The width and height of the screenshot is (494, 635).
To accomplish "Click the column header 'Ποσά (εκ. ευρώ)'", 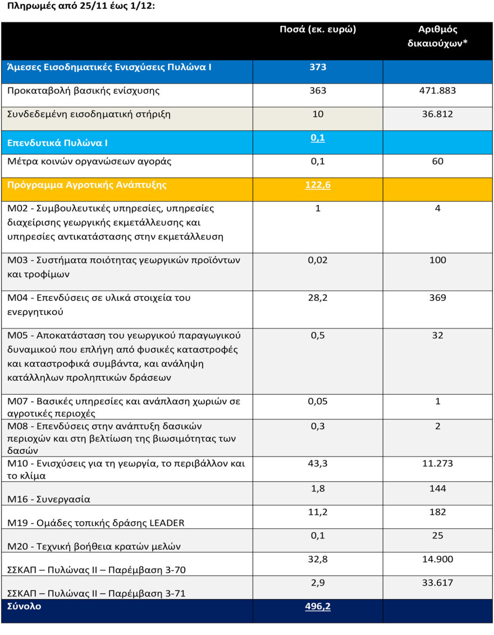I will (x=318, y=30).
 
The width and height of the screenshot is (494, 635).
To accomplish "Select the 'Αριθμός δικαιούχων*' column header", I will (x=438, y=36).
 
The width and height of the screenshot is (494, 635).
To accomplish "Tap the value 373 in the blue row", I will (x=318, y=67).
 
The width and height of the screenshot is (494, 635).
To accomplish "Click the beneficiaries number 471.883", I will (x=438, y=90).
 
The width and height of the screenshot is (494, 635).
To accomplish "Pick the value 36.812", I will (x=438, y=114).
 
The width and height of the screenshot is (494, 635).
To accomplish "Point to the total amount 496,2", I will (x=318, y=606).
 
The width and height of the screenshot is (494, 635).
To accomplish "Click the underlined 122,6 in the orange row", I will (x=318, y=185).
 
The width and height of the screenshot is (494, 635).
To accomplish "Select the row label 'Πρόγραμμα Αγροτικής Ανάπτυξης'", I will (x=86, y=185).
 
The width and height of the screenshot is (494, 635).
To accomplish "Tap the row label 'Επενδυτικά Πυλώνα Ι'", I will (x=57, y=143).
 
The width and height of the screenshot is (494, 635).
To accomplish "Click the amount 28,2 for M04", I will (x=318, y=298).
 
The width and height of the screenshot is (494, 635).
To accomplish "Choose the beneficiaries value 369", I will (x=438, y=298).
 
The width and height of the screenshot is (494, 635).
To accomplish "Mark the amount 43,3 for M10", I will (x=318, y=464).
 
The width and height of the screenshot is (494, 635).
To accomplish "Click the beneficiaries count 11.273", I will (x=438, y=464).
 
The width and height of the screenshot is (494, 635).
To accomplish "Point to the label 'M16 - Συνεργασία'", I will (x=48, y=499).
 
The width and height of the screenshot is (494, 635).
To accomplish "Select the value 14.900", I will (x=438, y=559).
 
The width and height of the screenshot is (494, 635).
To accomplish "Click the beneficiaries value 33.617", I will (x=438, y=583).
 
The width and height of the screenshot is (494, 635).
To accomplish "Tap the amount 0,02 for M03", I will (x=318, y=260).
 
